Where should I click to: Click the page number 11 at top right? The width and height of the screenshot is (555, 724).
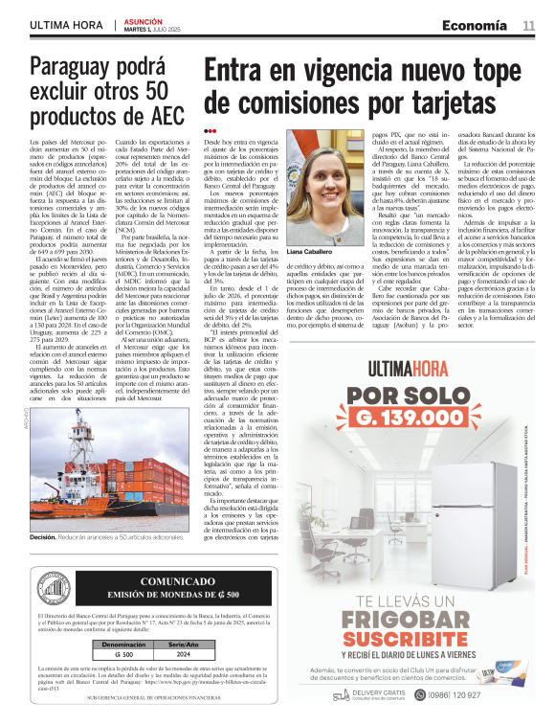tap(528, 25)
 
